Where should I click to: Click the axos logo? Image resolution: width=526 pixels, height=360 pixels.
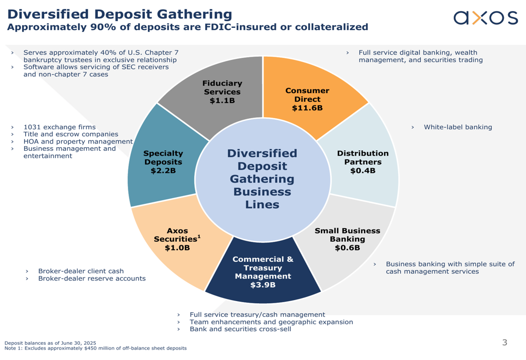pyautogui.click(x=485, y=18)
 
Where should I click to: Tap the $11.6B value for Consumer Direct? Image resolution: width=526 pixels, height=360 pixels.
pyautogui.click(x=307, y=108)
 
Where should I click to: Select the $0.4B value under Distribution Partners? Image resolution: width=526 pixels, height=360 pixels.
pyautogui.click(x=362, y=171)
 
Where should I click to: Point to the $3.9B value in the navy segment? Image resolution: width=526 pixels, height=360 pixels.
pyautogui.click(x=262, y=285)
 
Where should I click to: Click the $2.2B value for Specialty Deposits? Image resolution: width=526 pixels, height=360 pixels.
pyautogui.click(x=163, y=171)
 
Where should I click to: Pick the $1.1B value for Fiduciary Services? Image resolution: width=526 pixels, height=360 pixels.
pyautogui.click(x=222, y=101)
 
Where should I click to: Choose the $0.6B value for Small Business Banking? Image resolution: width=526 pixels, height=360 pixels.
pyautogui.click(x=347, y=248)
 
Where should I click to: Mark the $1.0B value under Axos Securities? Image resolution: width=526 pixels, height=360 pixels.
pyautogui.click(x=177, y=248)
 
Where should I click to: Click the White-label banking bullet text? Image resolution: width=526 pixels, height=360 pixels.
pyautogui.click(x=458, y=127)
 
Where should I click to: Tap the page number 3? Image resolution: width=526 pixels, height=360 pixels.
pyautogui.click(x=505, y=343)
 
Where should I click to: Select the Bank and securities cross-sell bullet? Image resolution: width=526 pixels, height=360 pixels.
pyautogui.click(x=240, y=330)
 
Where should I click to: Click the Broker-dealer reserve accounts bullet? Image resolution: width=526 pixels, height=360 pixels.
pyautogui.click(x=92, y=279)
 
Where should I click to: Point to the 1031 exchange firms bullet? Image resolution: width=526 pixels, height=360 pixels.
pyautogui.click(x=59, y=127)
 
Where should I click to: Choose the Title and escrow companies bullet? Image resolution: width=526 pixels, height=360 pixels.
pyautogui.click(x=70, y=135)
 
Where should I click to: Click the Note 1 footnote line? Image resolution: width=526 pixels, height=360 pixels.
pyautogui.click(x=95, y=348)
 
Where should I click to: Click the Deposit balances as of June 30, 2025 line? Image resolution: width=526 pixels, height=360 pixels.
pyautogui.click(x=50, y=343)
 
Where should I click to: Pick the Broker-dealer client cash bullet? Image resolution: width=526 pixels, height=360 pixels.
pyautogui.click(x=80, y=271)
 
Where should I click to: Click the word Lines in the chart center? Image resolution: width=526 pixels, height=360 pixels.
pyautogui.click(x=262, y=205)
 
